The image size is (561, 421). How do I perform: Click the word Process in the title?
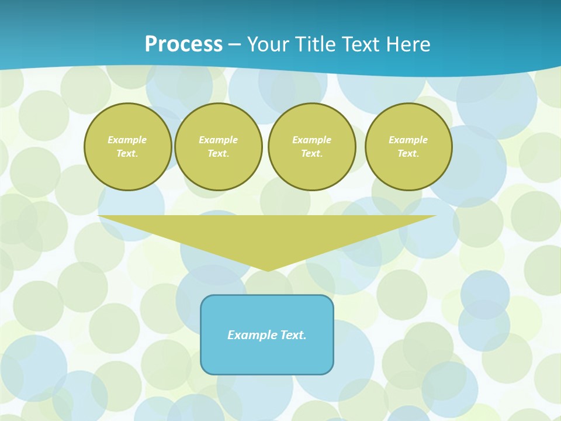click(x=183, y=44)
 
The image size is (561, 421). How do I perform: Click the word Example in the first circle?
click(x=127, y=140)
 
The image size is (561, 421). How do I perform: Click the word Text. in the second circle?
click(x=218, y=153)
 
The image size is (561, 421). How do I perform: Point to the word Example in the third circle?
click(x=311, y=140)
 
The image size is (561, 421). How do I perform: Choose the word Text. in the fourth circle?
click(x=408, y=153)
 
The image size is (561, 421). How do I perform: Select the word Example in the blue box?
click(x=252, y=335)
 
